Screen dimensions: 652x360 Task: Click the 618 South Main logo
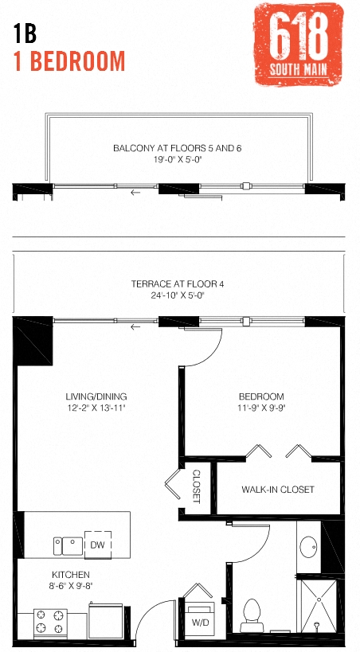click(299, 45)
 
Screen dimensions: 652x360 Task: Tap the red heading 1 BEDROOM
click(69, 61)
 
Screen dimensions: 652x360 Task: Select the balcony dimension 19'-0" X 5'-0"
click(177, 160)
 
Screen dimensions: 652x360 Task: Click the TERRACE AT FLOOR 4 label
click(177, 283)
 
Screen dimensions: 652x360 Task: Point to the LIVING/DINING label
click(96, 396)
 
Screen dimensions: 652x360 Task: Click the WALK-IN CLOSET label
click(278, 490)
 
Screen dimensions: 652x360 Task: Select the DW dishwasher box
click(98, 545)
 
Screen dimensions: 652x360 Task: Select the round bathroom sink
click(308, 548)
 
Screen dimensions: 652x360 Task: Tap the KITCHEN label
click(72, 574)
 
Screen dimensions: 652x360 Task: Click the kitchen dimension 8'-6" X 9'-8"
click(72, 585)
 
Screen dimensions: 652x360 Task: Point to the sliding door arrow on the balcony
click(135, 192)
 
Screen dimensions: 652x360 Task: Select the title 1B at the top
click(25, 33)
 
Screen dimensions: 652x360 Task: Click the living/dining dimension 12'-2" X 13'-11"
click(96, 408)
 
